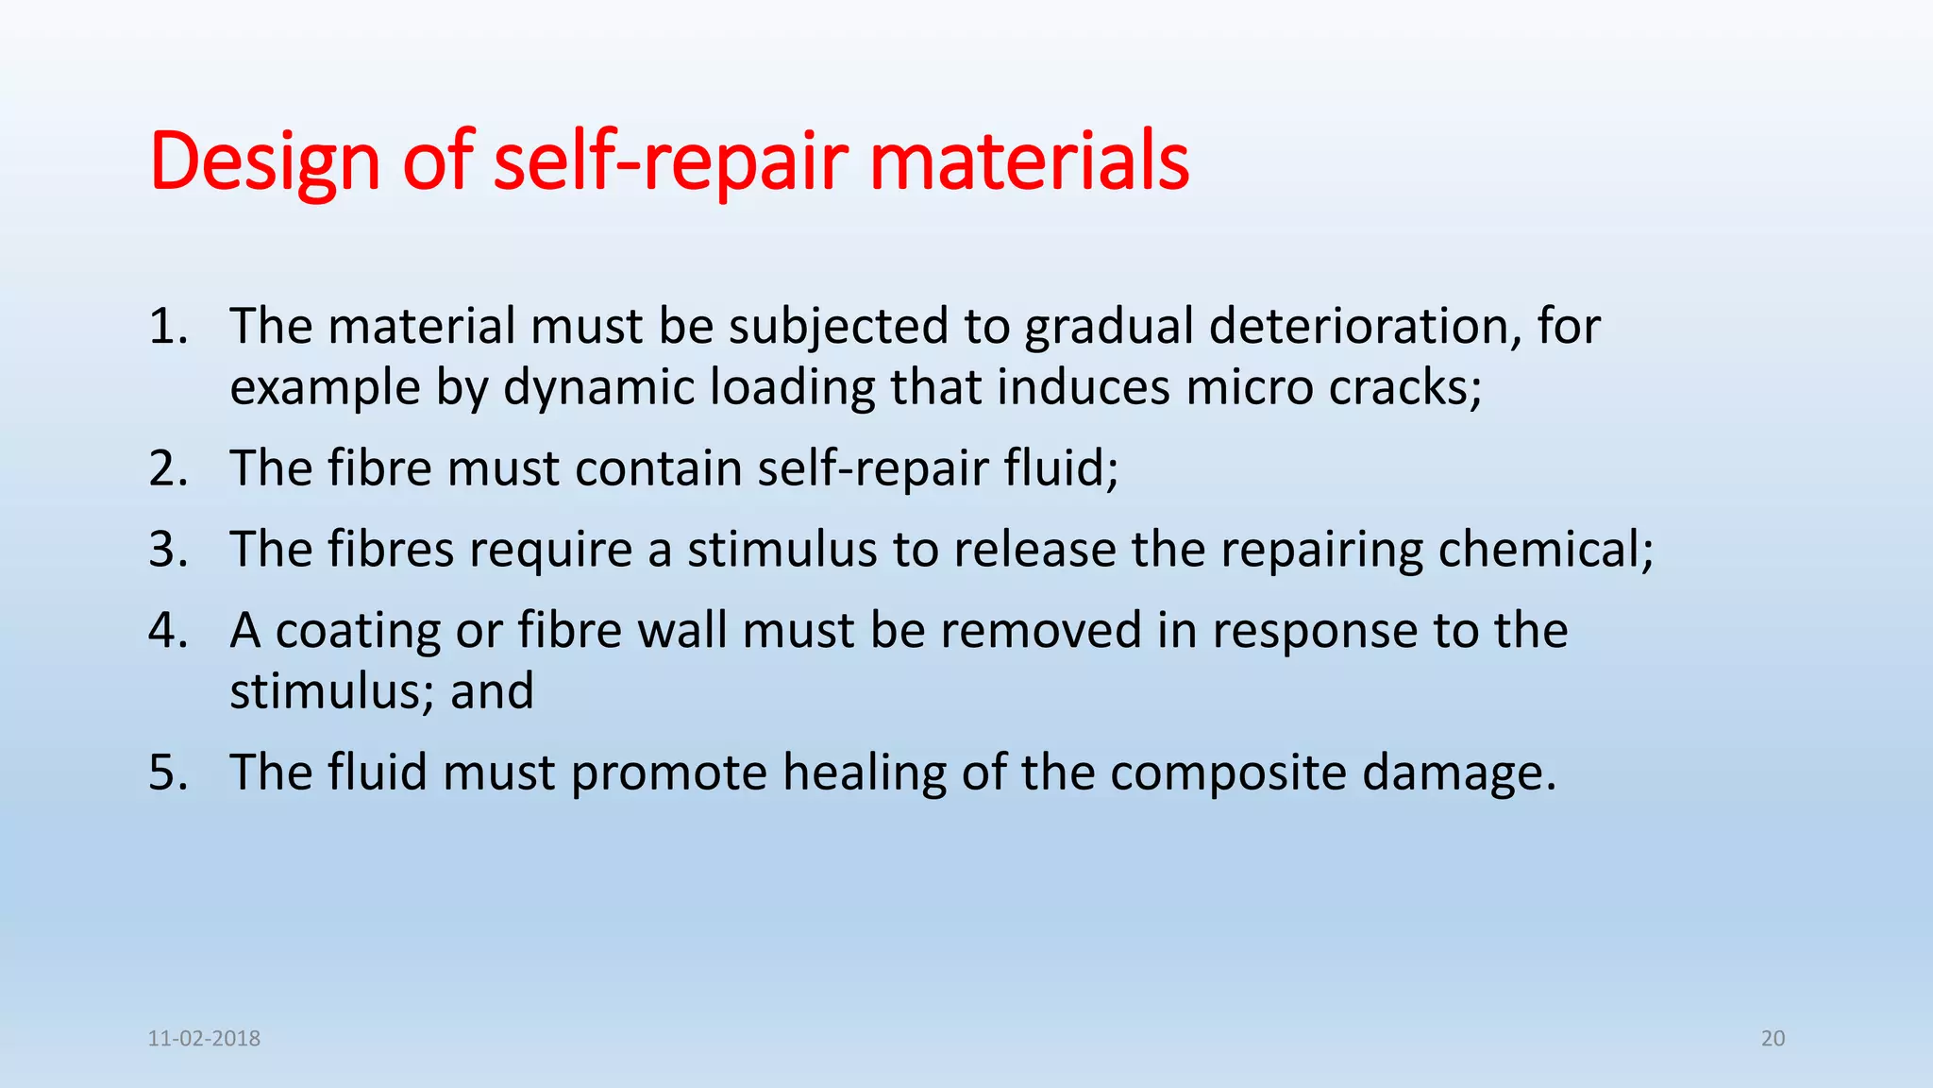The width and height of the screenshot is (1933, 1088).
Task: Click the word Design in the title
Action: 264,162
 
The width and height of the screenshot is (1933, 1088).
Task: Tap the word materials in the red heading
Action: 1029,162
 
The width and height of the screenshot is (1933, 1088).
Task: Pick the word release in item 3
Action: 1034,550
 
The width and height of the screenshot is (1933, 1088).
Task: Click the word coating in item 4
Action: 358,631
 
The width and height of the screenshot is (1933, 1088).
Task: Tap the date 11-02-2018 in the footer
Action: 204,1039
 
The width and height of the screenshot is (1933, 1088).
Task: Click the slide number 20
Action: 1773,1039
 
